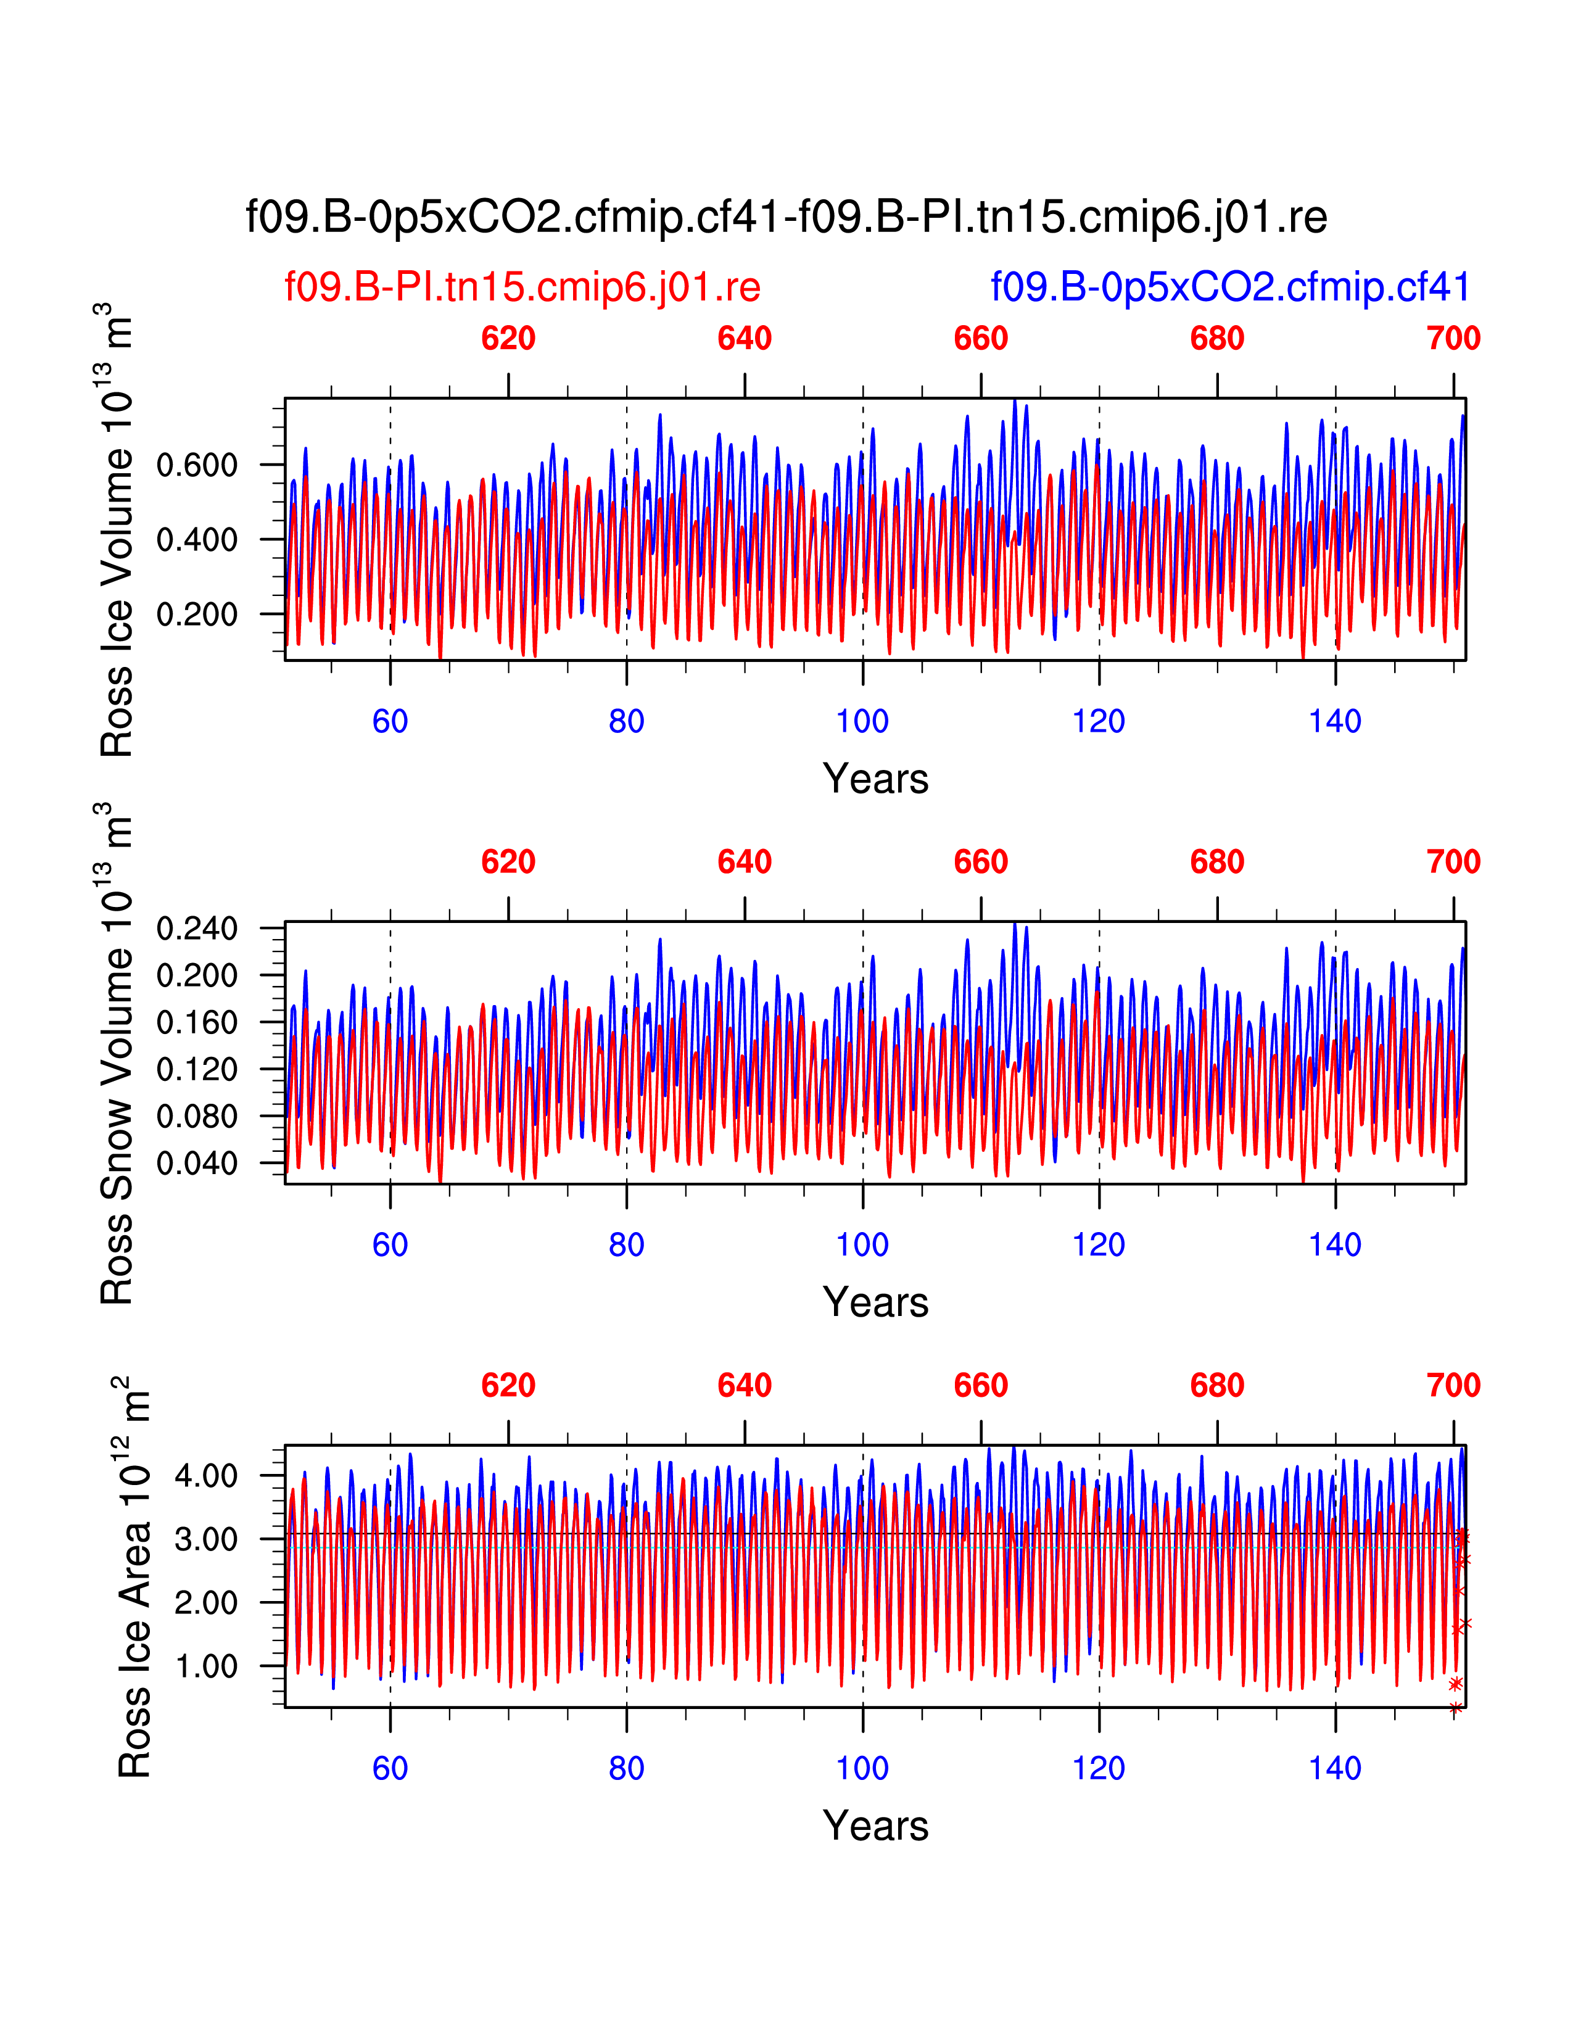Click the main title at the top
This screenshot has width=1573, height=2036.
pyautogui.click(x=785, y=217)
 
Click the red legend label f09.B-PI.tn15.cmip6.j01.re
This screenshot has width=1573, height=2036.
pyautogui.click(x=522, y=287)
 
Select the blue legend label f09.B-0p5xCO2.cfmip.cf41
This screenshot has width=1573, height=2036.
pyautogui.click(x=1230, y=287)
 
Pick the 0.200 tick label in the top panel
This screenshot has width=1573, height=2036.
pyautogui.click(x=197, y=615)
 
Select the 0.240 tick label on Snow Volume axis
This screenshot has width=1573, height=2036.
pyautogui.click(x=197, y=929)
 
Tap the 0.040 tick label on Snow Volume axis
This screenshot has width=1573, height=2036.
pyautogui.click(x=197, y=1164)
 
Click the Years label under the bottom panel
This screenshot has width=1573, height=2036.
pyautogui.click(x=875, y=1826)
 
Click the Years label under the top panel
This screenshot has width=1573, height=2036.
pyautogui.click(x=875, y=779)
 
